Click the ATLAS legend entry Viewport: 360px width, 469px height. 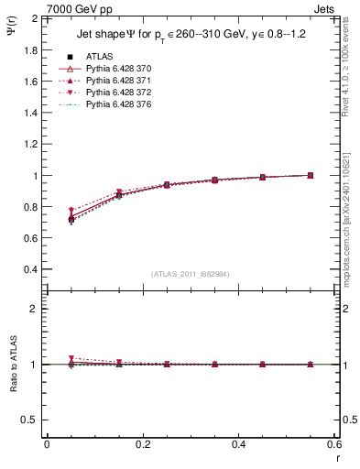coord(98,56)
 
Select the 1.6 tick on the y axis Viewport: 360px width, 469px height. coord(30,82)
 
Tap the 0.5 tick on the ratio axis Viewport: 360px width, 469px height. coord(30,420)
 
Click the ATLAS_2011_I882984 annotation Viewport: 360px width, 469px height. coord(191,273)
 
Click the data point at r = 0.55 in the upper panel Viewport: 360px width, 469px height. coord(311,175)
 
